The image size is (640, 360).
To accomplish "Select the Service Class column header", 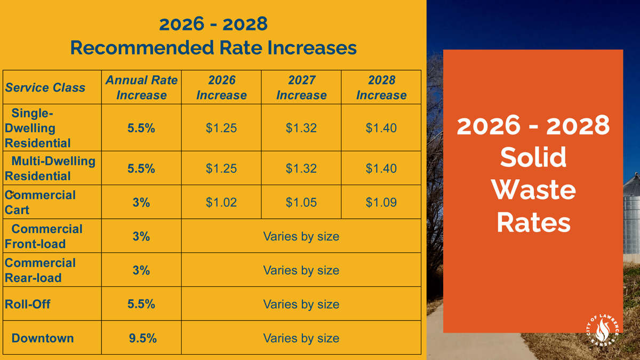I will click(x=45, y=87).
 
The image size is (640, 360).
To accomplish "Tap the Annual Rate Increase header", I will click(x=141, y=87).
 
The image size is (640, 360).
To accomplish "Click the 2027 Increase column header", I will click(x=301, y=87).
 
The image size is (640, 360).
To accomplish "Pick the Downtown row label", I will click(x=43, y=338).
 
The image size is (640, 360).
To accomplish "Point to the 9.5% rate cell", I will click(x=142, y=338).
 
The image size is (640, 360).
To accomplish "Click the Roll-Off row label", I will click(x=28, y=304).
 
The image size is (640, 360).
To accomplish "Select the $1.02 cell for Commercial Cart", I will click(x=221, y=203).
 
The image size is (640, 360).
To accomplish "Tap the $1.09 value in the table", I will click(x=381, y=203).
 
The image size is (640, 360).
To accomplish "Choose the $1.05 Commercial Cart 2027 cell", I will click(x=301, y=203).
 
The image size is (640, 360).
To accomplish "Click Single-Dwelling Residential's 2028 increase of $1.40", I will click(x=381, y=128).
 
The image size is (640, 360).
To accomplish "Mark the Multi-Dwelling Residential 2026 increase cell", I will click(x=221, y=169).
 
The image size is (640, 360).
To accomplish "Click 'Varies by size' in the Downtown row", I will click(x=301, y=338).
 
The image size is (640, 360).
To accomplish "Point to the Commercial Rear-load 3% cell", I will click(x=141, y=270).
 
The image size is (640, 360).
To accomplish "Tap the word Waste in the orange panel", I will click(x=533, y=190).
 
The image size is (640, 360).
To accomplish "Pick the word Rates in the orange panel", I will click(x=533, y=223).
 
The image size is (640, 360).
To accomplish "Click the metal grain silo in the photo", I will click(x=632, y=213).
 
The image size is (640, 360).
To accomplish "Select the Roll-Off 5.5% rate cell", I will click(x=141, y=304).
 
